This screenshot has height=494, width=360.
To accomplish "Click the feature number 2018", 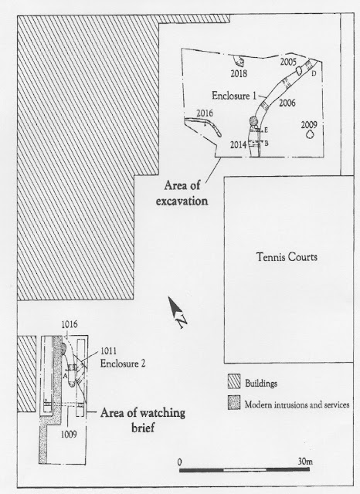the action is pos(239,73).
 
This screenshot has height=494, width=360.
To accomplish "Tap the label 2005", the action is pos(288,62).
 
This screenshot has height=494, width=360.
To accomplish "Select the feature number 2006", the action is pos(287,103).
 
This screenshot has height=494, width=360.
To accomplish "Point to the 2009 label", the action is pos(308,125).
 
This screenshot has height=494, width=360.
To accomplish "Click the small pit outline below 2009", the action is pos(310,134).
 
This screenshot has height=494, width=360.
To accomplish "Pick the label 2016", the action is pos(205,113).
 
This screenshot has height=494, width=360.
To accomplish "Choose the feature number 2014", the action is pos(238,144).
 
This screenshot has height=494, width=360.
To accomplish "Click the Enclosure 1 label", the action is pos(234,96).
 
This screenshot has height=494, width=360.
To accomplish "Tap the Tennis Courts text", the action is pos(287,257).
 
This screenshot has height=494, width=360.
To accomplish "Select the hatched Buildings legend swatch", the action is pos(234,381).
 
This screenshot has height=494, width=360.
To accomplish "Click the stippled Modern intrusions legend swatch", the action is pos(234,402).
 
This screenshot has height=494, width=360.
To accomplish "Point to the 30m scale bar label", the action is pos(305,462).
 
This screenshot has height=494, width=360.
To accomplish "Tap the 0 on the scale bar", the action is pos(180,462).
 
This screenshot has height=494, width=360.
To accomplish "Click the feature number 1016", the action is pos(70,324).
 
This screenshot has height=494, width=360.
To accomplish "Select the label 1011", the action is pos(108,350).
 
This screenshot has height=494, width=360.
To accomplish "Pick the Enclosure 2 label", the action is pos(123,364).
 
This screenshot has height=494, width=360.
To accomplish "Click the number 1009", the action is pos(69,435).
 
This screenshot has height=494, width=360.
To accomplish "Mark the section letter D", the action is pos(314,73).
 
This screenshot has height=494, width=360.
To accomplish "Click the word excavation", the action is pos(182,201).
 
